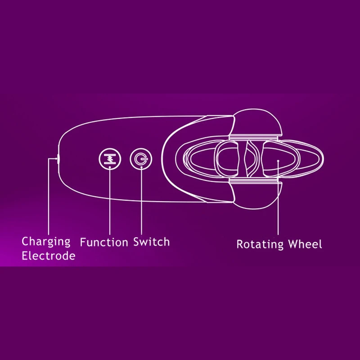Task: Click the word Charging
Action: [46, 242]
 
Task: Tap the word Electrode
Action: [49, 256]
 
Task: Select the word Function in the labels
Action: [104, 242]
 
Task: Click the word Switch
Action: [152, 242]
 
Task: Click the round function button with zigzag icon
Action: [110, 159]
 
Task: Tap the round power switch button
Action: [140, 159]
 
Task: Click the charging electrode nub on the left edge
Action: [58, 158]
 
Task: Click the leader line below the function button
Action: [110, 202]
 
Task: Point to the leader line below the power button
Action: [140, 202]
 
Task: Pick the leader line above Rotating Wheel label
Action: [278, 202]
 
